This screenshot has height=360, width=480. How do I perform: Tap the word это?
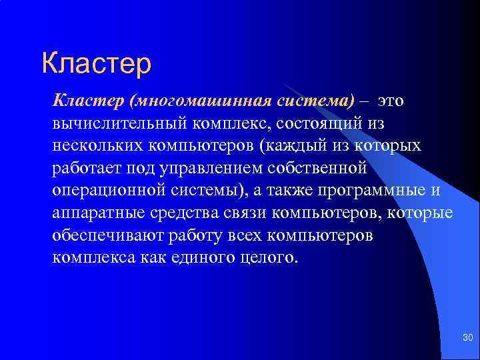[390, 101]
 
